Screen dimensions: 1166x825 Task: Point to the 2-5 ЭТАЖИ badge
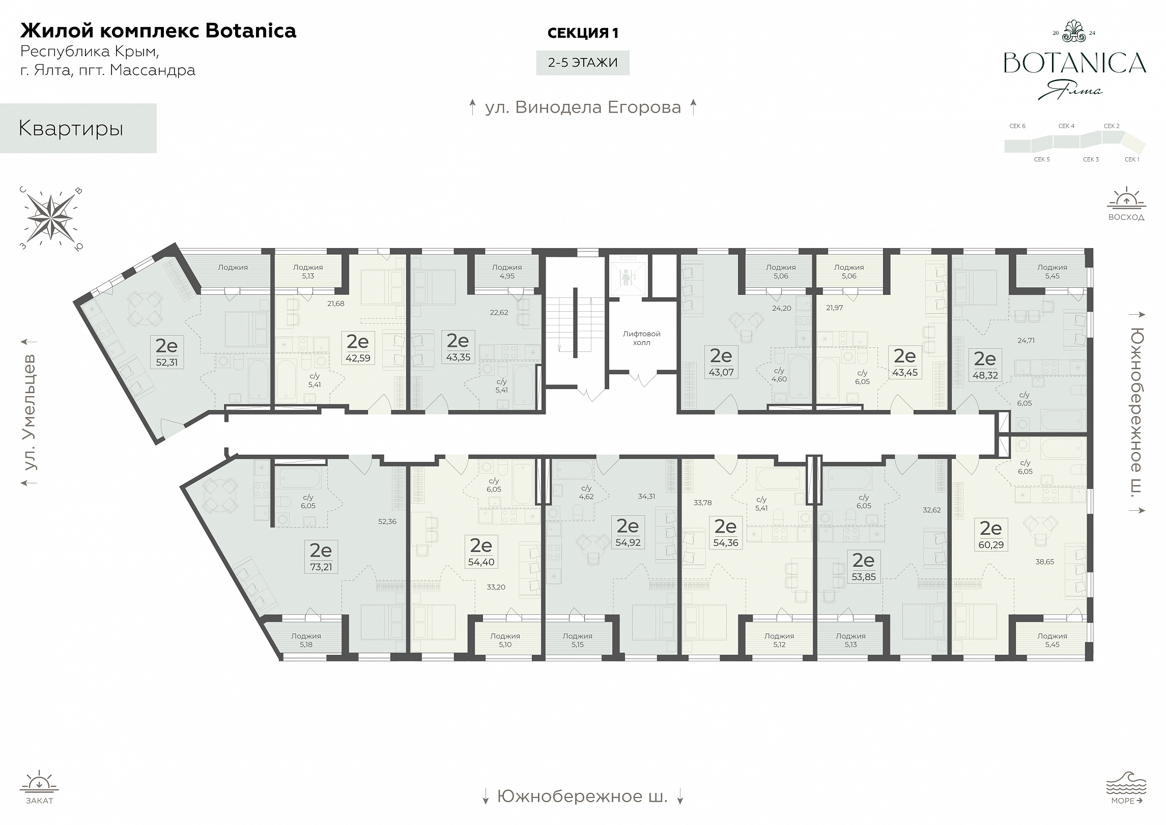click(583, 63)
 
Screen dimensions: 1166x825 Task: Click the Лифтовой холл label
click(641, 338)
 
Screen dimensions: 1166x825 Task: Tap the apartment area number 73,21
click(321, 567)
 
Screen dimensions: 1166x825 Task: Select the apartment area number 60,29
click(991, 545)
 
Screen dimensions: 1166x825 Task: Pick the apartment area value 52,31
click(166, 362)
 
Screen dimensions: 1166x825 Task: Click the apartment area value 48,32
click(985, 375)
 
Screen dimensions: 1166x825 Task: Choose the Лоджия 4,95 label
click(507, 271)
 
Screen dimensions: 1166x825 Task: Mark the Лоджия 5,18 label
click(306, 640)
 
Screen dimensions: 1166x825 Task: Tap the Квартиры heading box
click(78, 128)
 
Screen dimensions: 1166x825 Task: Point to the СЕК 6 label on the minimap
click(1017, 126)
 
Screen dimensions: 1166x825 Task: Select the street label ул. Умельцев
click(31, 411)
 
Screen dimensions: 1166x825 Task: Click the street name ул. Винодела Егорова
click(583, 107)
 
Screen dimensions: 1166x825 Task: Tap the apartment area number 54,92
click(628, 542)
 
